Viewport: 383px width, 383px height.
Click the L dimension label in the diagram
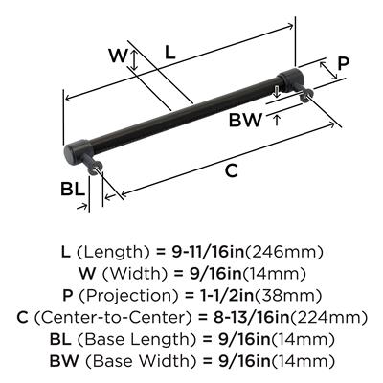pos(170,52)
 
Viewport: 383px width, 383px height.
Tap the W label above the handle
pos(118,56)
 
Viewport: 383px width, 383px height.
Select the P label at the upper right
pos(344,63)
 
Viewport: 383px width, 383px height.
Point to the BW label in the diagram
pos(245,121)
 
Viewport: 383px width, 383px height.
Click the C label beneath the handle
pos(232,170)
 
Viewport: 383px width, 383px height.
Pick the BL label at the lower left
pos(73,189)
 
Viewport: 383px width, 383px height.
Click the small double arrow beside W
pos(134,60)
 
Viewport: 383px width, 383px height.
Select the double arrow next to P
pos(328,71)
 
